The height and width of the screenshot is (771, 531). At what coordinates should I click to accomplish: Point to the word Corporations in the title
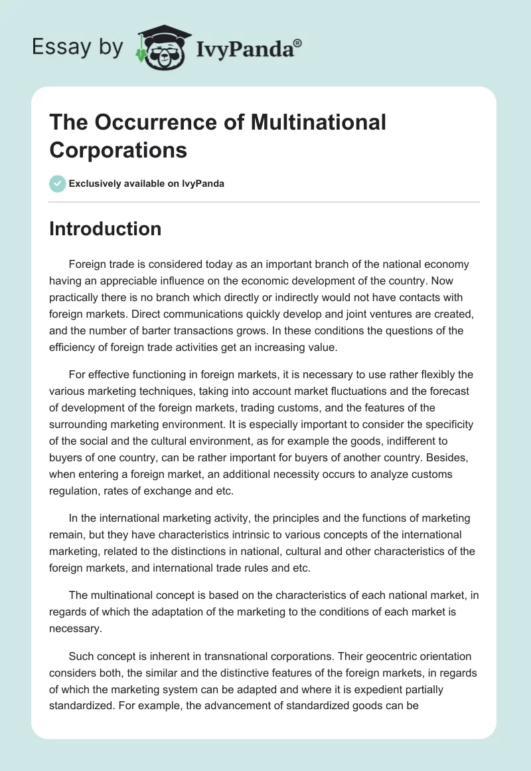coord(118,150)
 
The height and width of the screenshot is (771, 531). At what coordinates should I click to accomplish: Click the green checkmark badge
coord(58,183)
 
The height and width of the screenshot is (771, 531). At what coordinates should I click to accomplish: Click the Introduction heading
coord(105,229)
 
